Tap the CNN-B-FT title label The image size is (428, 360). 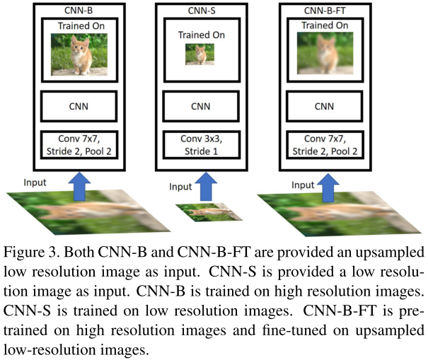324,10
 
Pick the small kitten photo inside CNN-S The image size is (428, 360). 199,54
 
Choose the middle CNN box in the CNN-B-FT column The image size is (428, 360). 324,107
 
